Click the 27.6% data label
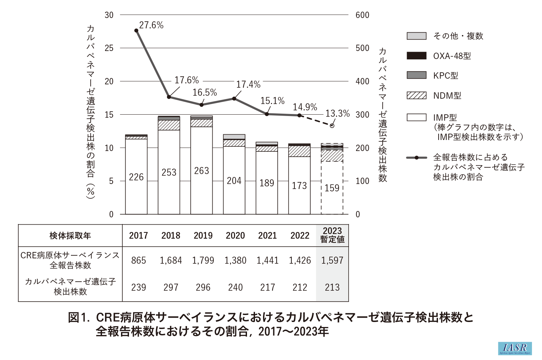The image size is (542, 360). (151, 25)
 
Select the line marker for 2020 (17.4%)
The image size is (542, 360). (234, 99)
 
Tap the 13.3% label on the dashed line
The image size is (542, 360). (337, 114)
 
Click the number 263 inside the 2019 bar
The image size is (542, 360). (201, 171)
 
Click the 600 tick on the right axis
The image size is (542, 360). (362, 15)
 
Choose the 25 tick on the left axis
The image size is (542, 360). (109, 48)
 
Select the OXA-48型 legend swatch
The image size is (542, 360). (416, 56)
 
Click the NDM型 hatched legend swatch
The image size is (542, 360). (416, 96)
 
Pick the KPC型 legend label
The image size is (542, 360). (446, 76)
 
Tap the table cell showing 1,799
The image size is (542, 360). (203, 260)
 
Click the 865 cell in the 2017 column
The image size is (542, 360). (138, 260)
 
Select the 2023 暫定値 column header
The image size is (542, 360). (332, 235)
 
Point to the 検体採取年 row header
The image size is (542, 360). (70, 236)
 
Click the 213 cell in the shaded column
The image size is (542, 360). (332, 287)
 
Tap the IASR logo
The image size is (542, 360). (515, 348)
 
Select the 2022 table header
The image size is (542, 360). (300, 236)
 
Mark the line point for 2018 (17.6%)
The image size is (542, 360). (169, 97)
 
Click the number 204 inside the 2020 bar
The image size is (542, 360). (234, 181)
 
